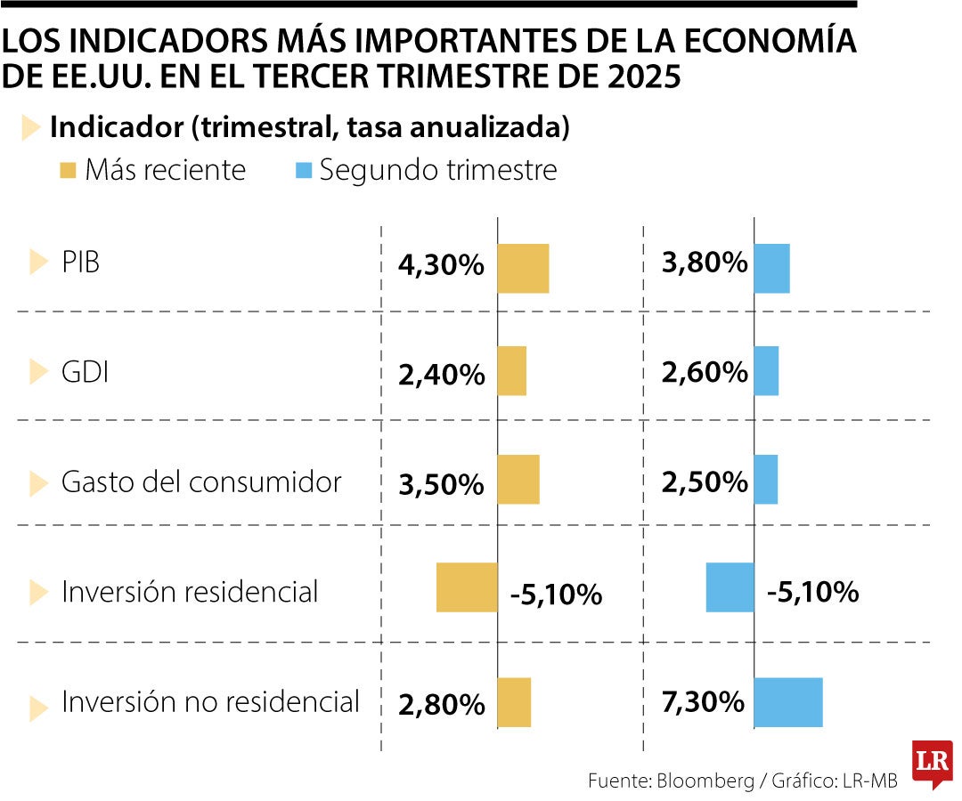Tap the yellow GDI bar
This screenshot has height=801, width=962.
pos(511,371)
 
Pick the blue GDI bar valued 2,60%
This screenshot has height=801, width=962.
pos(766,371)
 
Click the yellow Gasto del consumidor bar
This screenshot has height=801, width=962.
pos(518,480)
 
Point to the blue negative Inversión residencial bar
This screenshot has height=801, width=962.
pos(730,587)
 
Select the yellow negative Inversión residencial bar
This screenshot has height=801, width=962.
pos(467,587)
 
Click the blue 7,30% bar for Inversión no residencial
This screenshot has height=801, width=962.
pos(788,702)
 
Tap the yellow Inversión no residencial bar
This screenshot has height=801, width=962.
pos(514,702)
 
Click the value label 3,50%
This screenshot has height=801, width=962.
pos(442,484)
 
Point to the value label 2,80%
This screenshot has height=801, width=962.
pos(442,705)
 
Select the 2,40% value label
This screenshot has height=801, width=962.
pos(442,375)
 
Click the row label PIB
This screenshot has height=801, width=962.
pos(81,263)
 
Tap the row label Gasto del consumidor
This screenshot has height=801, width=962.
pos(201,482)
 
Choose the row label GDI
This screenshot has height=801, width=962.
pos(86,372)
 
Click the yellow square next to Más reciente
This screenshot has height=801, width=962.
pos(69,169)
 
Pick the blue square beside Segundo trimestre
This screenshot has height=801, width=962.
pos(304,169)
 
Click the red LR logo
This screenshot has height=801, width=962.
pos(932,763)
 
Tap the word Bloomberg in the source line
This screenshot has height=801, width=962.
pos(704,781)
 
